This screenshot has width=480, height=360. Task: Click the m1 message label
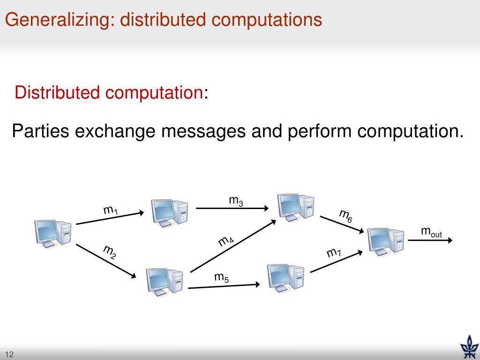click(111, 210)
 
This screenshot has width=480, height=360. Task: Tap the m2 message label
click(110, 252)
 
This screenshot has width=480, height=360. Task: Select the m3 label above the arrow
click(236, 201)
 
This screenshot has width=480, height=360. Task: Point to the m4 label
click(226, 241)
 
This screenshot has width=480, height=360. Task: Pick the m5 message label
click(222, 277)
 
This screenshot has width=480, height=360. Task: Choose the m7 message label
click(334, 253)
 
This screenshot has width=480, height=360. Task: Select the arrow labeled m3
click(232, 208)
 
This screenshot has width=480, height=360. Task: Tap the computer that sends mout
click(385, 240)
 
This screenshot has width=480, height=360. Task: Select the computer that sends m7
click(285, 277)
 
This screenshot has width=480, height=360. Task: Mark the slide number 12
click(9, 354)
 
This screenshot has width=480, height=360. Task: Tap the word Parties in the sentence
click(39, 131)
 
